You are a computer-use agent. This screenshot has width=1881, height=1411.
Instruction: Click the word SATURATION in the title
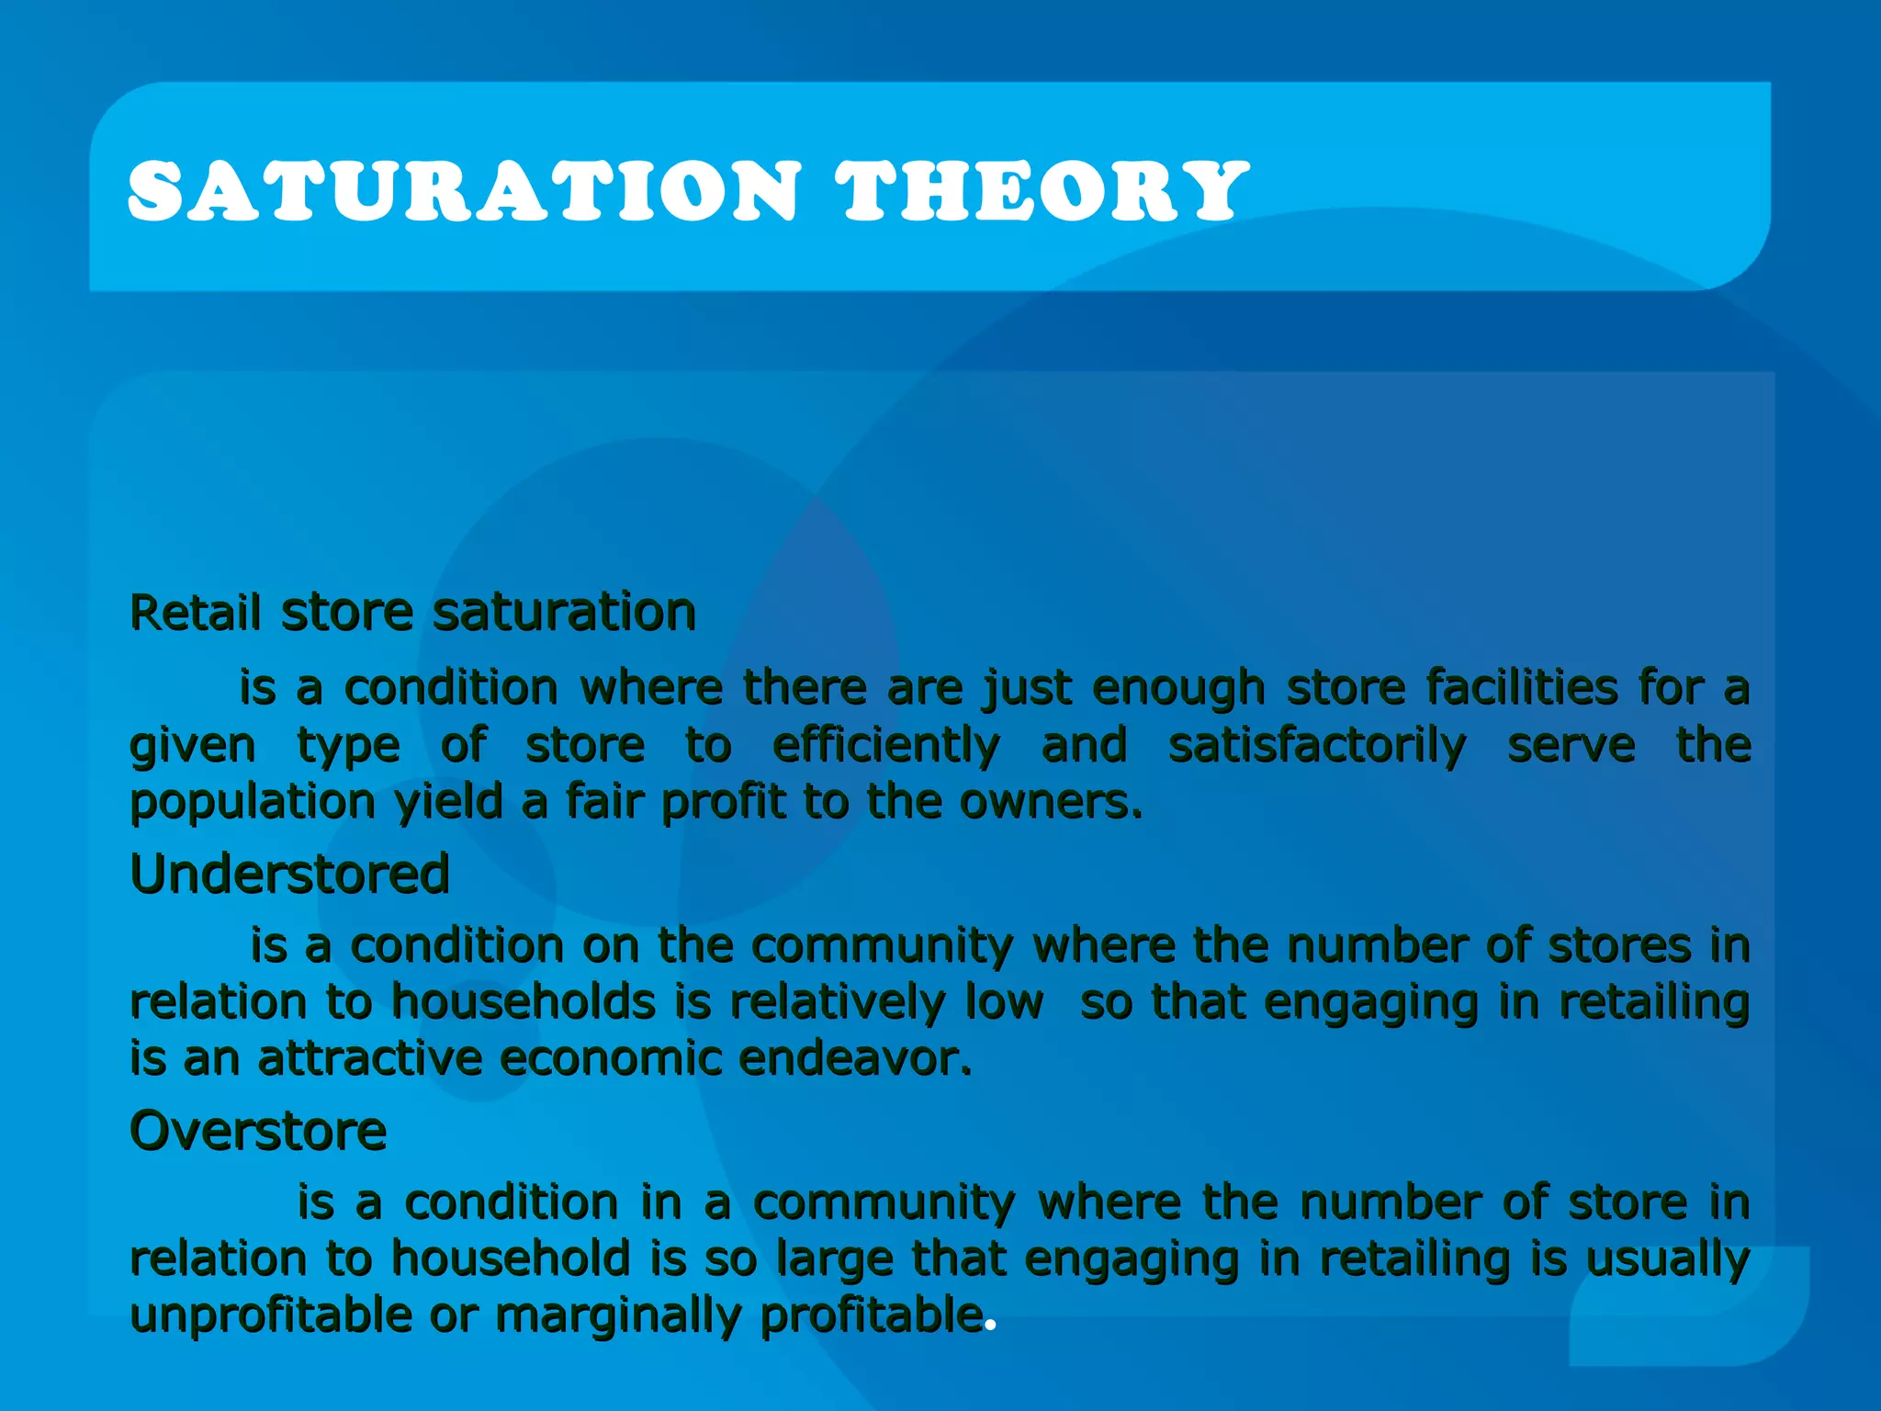pyautogui.click(x=465, y=191)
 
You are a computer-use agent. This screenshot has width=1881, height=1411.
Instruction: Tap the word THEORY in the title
pyautogui.click(x=1042, y=191)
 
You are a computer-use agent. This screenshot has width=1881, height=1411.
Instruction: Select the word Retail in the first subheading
pyautogui.click(x=196, y=613)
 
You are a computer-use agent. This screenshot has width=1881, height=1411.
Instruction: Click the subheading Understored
pyautogui.click(x=290, y=874)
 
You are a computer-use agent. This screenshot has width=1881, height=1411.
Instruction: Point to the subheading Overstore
pyautogui.click(x=258, y=1131)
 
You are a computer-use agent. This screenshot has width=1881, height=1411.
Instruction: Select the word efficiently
pyautogui.click(x=885, y=745)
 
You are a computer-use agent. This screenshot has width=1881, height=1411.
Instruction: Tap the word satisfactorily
pyautogui.click(x=1317, y=745)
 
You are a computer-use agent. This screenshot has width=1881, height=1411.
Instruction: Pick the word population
pyautogui.click(x=253, y=803)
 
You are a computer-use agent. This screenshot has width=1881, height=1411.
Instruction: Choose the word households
pyautogui.click(x=524, y=1002)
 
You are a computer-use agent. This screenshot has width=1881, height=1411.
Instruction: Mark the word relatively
pyautogui.click(x=837, y=1002)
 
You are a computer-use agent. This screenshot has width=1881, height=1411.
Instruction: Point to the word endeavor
pyautogui.click(x=854, y=1059)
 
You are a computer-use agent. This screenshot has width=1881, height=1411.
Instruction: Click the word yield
pyautogui.click(x=448, y=803)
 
